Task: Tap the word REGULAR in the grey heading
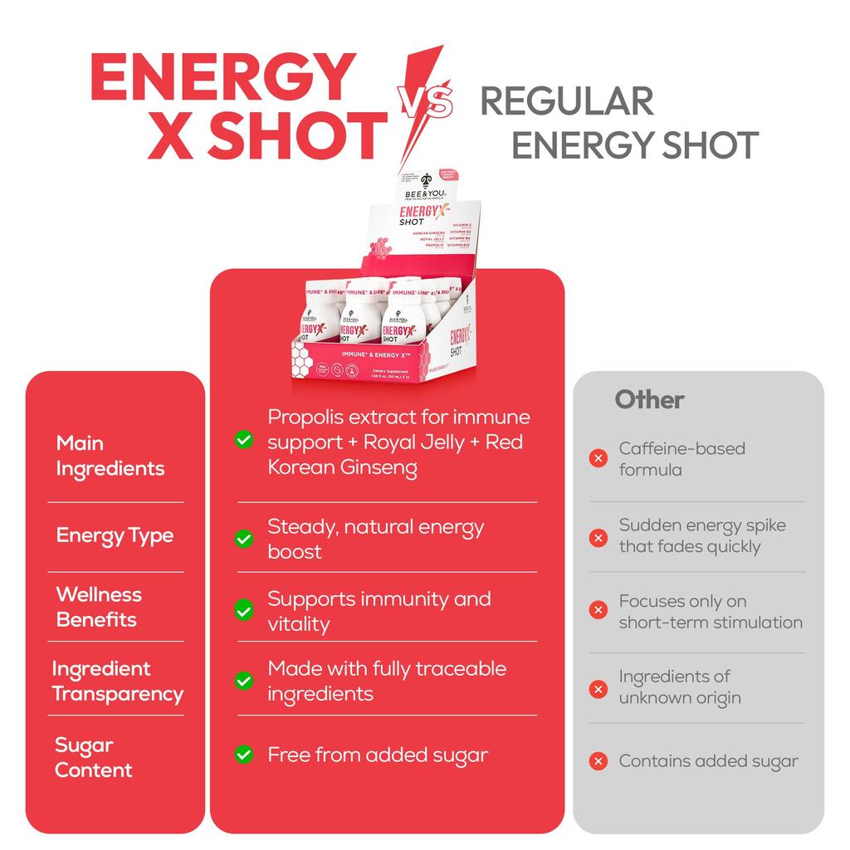click(567, 102)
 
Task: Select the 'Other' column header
click(649, 399)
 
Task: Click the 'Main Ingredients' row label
click(110, 456)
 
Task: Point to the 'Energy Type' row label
click(115, 535)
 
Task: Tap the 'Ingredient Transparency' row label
click(117, 681)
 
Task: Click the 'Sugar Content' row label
click(93, 757)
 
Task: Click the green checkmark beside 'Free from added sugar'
click(244, 755)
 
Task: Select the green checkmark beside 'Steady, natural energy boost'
click(244, 540)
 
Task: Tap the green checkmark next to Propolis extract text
click(244, 440)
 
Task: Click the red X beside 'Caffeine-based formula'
click(598, 458)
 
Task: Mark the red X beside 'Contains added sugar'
click(598, 760)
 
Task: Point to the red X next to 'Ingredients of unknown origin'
click(598, 688)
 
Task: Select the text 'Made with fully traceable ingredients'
click(386, 681)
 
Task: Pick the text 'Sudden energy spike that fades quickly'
click(701, 535)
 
